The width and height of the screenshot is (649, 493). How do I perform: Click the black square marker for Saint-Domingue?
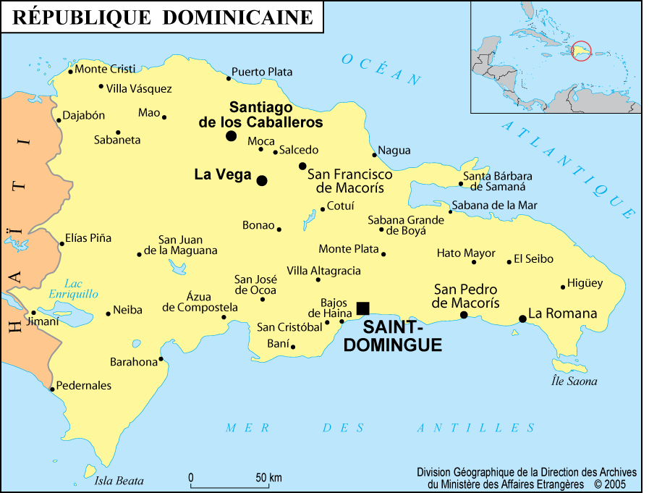point(362,308)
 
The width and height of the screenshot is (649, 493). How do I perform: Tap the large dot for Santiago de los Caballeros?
point(231,135)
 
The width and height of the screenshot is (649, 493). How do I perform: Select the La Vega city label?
point(223,174)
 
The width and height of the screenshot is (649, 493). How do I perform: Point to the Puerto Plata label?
point(262,72)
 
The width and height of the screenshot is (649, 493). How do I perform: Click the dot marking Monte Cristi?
point(70,72)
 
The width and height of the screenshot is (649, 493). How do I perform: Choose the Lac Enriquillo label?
point(73,289)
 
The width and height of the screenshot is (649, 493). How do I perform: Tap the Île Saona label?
point(574,382)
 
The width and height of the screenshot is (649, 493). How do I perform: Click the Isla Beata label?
point(119,481)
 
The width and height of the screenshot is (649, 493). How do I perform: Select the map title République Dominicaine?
point(163,17)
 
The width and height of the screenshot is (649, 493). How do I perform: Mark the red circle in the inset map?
point(582,51)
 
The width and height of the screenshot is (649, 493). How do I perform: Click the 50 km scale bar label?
point(268,478)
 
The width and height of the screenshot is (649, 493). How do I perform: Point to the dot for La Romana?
point(522,319)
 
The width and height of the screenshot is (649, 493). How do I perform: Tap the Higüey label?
point(585,283)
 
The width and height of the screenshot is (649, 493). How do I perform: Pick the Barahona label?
point(133,361)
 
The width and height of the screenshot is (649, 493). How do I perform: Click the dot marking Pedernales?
point(52,389)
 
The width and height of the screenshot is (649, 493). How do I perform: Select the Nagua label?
point(395,151)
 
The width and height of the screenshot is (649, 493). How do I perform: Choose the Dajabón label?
point(84,115)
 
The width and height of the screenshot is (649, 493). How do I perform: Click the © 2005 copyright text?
point(610,484)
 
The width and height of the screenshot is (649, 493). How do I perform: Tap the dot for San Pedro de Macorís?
point(464,315)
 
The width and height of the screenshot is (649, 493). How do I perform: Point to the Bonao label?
point(258,225)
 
